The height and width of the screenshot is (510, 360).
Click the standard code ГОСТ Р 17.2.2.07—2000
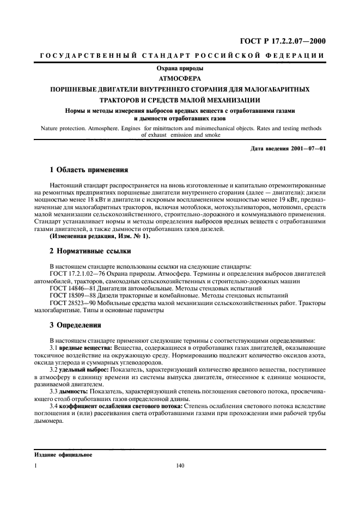tap(283, 41)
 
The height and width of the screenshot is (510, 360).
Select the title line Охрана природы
tap(180, 69)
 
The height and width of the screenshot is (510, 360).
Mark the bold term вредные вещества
tap(82, 347)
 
